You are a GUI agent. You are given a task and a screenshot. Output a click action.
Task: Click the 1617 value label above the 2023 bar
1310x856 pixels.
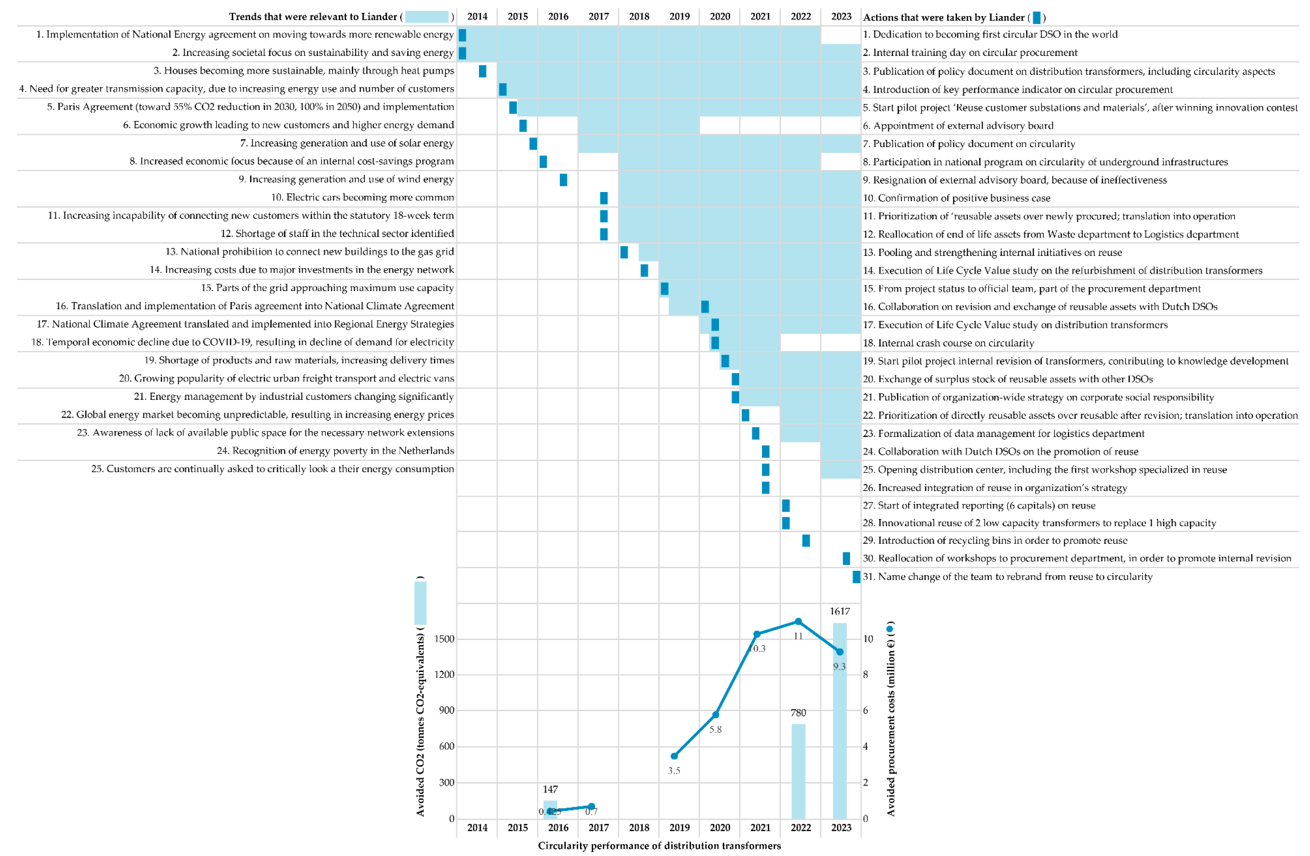point(839,611)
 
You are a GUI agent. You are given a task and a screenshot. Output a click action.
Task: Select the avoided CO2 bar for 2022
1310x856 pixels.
point(798,771)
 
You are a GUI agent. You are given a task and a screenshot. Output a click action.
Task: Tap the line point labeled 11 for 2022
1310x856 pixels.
point(798,622)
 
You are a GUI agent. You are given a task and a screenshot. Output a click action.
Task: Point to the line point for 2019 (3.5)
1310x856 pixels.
point(674,756)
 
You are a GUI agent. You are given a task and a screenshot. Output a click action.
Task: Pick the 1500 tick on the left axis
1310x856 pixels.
point(444,638)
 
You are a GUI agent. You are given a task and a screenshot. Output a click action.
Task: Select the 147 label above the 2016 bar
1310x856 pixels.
point(550,789)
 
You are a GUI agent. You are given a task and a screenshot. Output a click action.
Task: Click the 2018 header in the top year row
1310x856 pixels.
point(639,17)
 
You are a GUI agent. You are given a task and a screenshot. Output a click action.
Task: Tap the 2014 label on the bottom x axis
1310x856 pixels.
point(477,827)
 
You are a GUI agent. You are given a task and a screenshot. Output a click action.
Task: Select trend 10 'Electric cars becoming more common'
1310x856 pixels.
point(362,197)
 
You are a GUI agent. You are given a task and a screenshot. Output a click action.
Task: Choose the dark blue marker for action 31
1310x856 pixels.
point(856,576)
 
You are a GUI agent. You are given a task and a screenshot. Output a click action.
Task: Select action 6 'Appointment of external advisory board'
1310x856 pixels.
point(958,125)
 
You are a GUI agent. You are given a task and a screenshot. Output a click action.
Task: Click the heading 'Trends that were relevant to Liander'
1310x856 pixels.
point(313,17)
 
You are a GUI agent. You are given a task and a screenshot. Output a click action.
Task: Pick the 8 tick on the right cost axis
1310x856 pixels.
point(865,674)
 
